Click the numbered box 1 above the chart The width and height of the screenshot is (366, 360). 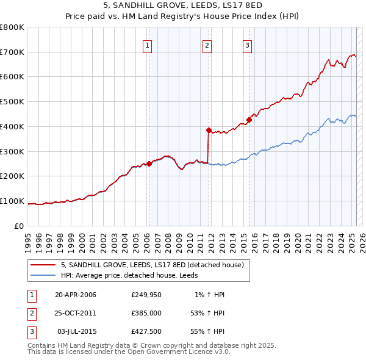click(148, 45)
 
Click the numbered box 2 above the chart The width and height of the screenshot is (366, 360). click(207, 45)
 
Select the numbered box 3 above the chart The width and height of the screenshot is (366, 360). click(248, 45)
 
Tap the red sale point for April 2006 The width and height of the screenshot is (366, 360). click(149, 164)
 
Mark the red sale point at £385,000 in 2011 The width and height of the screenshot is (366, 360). click(209, 130)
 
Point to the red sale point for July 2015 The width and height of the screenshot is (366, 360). click(249, 120)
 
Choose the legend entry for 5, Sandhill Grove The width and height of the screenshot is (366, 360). click(152, 265)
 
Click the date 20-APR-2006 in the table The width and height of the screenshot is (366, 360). click(76, 295)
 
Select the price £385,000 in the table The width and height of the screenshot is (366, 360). click(145, 313)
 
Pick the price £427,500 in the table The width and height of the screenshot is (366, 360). click(145, 331)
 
